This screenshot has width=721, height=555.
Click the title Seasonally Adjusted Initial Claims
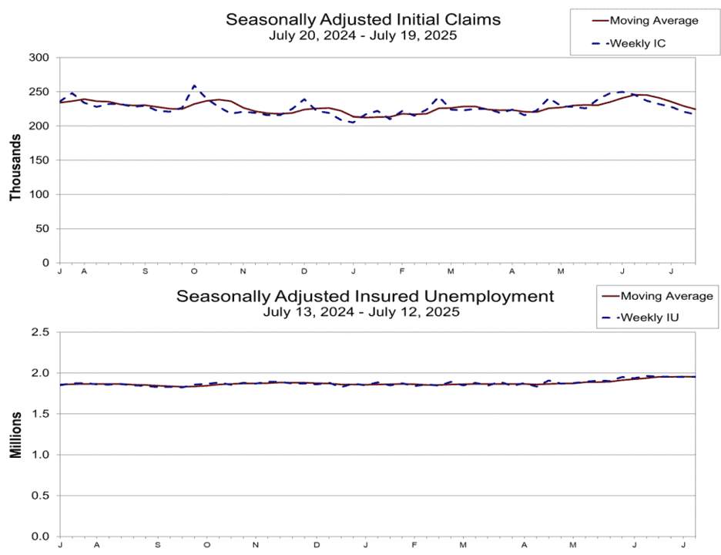(363, 20)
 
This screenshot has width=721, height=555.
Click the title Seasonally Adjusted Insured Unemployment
(365, 296)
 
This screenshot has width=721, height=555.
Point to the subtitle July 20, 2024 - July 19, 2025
(363, 35)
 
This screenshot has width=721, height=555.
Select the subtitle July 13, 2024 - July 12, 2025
(361, 312)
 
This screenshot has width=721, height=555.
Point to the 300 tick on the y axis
(39, 58)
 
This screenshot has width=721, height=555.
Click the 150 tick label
(39, 160)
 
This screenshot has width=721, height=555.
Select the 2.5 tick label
(40, 331)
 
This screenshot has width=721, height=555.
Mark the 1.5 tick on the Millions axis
(40, 414)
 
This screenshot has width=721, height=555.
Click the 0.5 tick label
(40, 496)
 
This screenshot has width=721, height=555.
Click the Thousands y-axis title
(15, 167)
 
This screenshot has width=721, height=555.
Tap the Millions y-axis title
(15, 436)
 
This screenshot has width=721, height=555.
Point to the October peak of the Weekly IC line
(194, 86)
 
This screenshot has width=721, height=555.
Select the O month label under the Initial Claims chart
(194, 271)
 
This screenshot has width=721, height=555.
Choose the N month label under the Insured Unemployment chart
(256, 545)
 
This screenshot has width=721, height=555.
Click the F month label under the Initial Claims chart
(402, 271)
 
